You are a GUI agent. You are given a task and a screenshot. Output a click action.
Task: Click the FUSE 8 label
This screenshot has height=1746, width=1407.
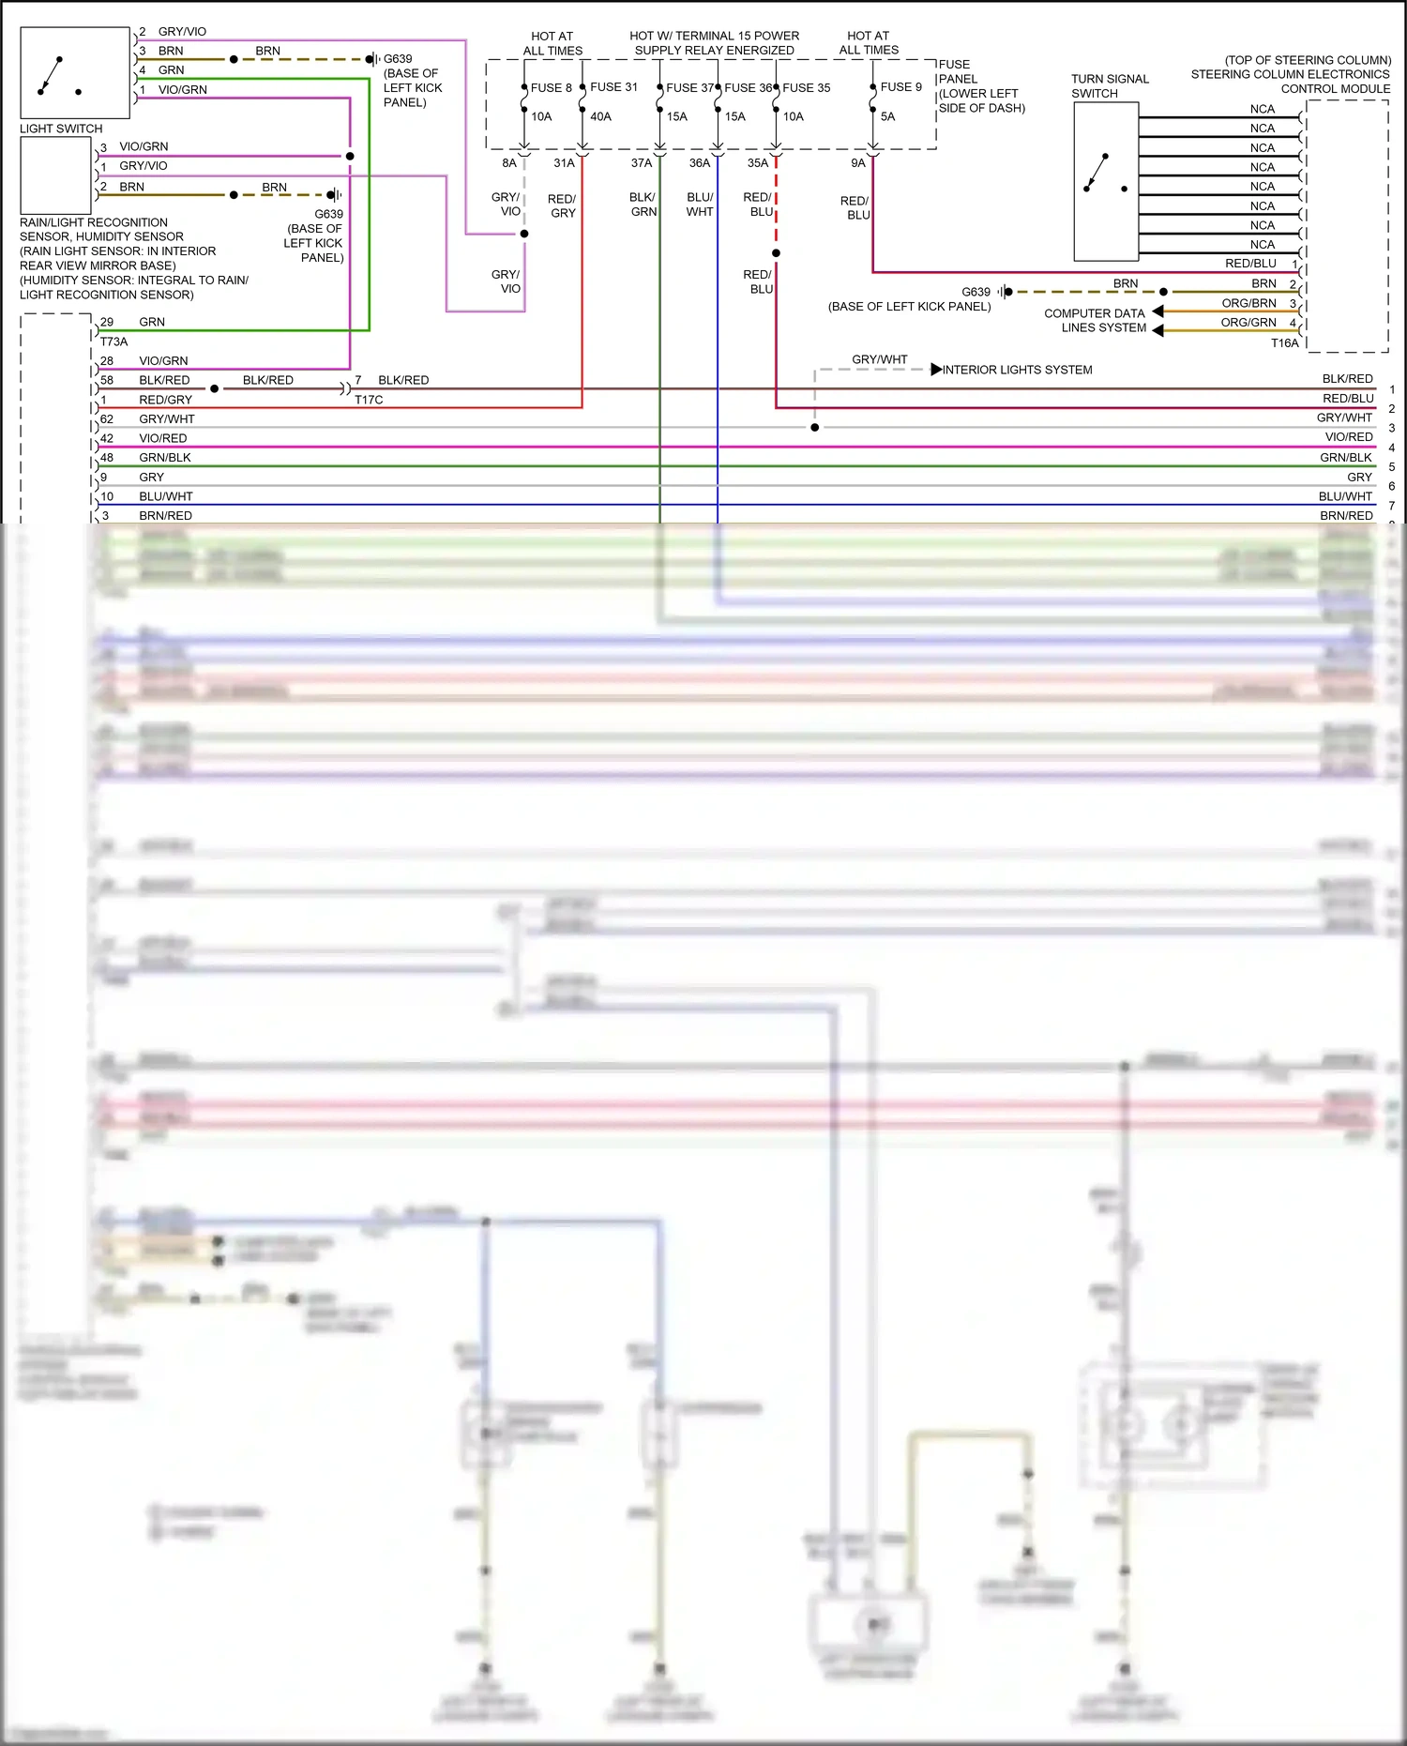[551, 88]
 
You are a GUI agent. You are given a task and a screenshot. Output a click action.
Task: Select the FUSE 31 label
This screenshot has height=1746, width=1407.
[613, 87]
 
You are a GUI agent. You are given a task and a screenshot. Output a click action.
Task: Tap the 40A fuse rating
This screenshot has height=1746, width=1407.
[600, 117]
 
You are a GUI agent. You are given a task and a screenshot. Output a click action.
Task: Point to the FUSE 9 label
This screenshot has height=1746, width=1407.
[900, 87]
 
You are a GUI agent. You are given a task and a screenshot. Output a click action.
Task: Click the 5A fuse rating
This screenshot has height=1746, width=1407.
[887, 117]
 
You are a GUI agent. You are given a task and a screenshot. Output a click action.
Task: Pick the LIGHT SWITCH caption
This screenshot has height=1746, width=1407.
[61, 129]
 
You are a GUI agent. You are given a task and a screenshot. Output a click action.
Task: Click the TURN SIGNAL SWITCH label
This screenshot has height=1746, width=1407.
[1109, 86]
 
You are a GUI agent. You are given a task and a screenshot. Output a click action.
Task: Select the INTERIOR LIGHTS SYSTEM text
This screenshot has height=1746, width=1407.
[1017, 370]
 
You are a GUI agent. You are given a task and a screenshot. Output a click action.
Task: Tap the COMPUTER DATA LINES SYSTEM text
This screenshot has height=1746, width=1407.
[1095, 321]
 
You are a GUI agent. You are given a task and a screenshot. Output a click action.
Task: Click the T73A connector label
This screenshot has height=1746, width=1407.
[113, 342]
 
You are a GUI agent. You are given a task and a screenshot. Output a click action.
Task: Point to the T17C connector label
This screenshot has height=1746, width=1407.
[369, 400]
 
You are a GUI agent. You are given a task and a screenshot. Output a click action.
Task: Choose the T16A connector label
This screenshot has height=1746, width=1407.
[1284, 343]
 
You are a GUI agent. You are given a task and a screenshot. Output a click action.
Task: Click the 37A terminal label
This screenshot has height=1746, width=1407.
[641, 163]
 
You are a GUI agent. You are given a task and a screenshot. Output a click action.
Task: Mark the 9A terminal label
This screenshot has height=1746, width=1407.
[857, 163]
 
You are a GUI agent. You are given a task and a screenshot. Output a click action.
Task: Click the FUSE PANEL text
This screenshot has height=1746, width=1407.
[957, 72]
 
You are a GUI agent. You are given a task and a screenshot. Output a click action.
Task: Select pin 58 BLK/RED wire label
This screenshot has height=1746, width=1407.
[164, 380]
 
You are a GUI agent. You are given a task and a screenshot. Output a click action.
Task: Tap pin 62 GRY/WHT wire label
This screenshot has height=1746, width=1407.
[166, 419]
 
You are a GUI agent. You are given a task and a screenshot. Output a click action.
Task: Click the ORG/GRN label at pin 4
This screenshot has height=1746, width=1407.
[1248, 323]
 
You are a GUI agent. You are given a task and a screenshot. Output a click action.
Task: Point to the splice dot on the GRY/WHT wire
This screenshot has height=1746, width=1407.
[814, 428]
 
